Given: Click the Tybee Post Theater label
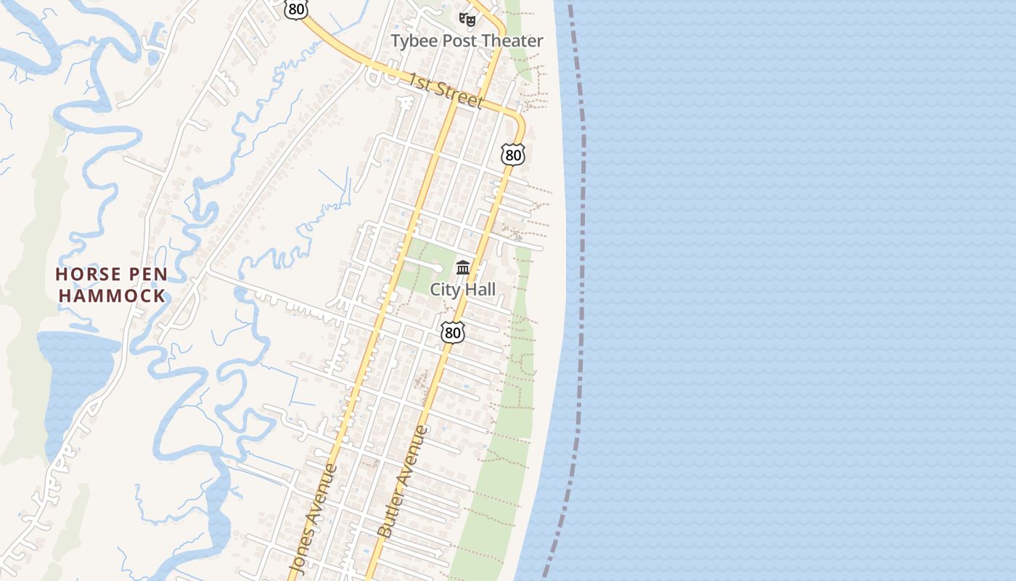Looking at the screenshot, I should tap(467, 41).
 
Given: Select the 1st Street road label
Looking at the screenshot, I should tap(444, 90).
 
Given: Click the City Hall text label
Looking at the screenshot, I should tap(463, 290).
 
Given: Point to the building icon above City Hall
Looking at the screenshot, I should tap(463, 267).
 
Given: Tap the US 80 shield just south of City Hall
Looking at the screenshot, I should tap(452, 333).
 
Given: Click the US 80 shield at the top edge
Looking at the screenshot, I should tap(295, 9).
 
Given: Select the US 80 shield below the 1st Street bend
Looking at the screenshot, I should tap(512, 154).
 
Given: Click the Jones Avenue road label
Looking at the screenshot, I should tap(314, 517).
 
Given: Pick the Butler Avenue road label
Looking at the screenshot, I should tap(403, 481).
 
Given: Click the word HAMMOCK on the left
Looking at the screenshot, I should tap(112, 296).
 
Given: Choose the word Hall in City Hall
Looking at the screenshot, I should tap(480, 290).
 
